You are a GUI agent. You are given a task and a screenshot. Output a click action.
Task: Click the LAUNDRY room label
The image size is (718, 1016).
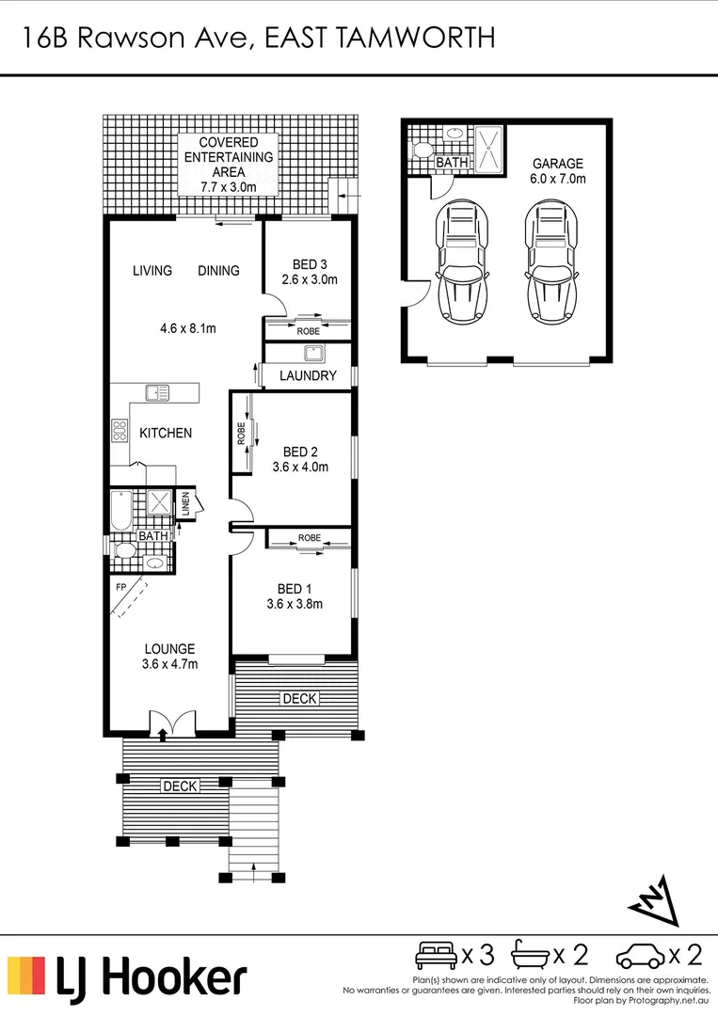coord(308,375)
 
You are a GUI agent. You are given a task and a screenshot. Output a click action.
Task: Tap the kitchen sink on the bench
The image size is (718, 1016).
coord(157,392)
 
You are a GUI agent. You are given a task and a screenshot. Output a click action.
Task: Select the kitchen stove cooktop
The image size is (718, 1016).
coord(120,431)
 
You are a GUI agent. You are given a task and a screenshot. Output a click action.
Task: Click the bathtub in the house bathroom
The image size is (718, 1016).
coord(121,511)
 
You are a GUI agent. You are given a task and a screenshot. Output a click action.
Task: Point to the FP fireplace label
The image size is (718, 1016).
coord(120,588)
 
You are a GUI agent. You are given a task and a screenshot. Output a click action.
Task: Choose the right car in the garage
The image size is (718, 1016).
coord(550,262)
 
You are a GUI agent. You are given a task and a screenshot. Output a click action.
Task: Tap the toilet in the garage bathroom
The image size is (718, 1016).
coord(422,151)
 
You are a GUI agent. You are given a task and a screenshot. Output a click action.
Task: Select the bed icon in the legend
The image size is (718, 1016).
coord(437,955)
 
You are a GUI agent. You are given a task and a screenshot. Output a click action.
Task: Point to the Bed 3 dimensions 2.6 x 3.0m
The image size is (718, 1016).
coord(310,280)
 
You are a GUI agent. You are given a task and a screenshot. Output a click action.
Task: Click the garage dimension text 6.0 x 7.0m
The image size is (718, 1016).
coord(558,179)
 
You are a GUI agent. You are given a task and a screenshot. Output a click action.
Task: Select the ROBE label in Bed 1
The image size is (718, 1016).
coord(310,538)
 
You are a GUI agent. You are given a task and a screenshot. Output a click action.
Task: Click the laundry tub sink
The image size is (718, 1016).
coord(314,354)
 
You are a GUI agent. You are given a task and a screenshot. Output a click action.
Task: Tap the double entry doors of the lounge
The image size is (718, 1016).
coord(172,723)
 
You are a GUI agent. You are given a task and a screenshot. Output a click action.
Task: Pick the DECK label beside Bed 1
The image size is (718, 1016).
coord(299,698)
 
